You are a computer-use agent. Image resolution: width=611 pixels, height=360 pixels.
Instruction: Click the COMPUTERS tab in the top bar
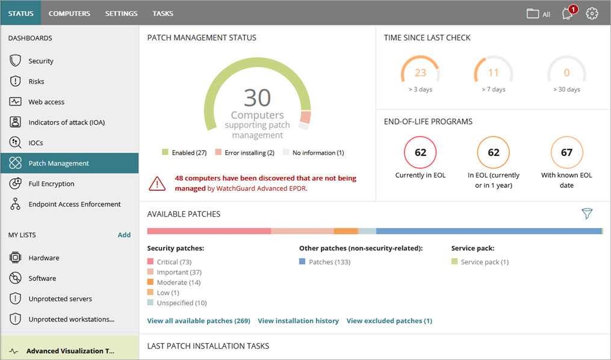[x=69, y=13]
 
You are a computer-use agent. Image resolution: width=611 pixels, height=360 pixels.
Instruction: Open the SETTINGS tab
[x=121, y=13]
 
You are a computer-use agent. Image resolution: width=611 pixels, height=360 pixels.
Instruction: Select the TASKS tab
[x=163, y=13]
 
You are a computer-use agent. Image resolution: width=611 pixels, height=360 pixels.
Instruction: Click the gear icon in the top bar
[x=592, y=14]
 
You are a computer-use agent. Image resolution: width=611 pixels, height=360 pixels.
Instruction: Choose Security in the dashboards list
[x=41, y=61]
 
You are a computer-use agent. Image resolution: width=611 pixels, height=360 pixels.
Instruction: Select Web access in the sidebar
[x=46, y=102]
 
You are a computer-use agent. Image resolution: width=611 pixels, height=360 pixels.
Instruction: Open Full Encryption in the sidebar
[x=51, y=184]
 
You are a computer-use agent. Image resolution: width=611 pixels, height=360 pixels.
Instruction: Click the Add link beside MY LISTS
[x=124, y=235]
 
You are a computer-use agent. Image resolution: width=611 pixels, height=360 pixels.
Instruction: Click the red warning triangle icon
[x=158, y=183]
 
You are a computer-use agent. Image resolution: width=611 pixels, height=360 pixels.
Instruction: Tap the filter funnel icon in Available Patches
[x=587, y=214]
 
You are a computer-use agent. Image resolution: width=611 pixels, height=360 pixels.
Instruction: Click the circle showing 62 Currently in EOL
[x=420, y=152]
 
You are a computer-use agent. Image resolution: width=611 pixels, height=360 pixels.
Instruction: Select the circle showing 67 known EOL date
[x=566, y=152]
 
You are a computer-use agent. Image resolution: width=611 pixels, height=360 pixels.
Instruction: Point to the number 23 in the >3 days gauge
[x=420, y=73]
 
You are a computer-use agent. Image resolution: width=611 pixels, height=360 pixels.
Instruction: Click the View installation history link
[x=298, y=321]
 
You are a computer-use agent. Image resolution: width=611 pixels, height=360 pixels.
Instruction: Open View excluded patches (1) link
[x=389, y=321]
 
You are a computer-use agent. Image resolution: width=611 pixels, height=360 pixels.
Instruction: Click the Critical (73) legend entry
[x=173, y=262]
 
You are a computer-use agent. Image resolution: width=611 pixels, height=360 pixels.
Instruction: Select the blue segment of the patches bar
[x=488, y=231]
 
